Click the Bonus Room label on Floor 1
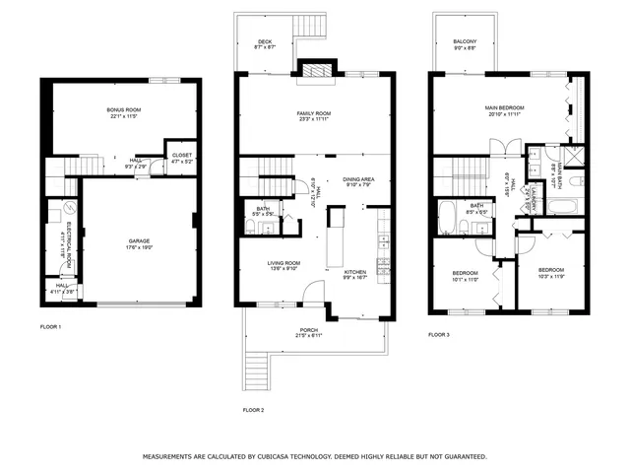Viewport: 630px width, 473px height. click(x=124, y=109)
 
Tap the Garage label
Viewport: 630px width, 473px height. click(x=139, y=241)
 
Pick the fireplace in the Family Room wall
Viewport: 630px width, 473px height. click(x=316, y=70)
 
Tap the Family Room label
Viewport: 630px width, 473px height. click(x=314, y=116)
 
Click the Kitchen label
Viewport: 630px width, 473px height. click(x=354, y=274)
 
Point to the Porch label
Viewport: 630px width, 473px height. click(x=309, y=332)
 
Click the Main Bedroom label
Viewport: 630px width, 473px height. click(x=503, y=109)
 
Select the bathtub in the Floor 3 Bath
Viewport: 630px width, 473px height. click(x=448, y=217)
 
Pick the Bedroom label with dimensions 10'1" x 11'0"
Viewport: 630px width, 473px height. click(x=465, y=275)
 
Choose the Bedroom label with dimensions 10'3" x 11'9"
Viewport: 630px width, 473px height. click(x=550, y=272)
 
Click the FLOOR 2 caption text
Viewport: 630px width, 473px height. click(x=254, y=409)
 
